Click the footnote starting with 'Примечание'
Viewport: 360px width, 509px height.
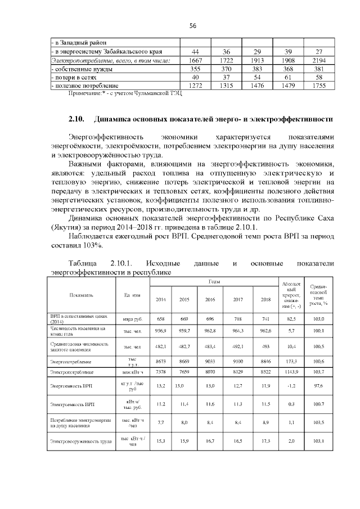click(125, 93)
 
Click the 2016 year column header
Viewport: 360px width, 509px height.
click(211, 299)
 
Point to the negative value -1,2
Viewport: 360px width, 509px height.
click(290, 386)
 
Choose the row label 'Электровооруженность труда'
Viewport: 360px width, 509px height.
click(81, 441)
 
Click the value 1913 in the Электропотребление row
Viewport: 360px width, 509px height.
click(257, 60)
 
